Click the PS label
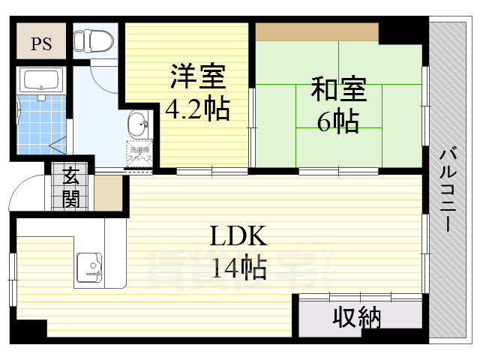[x=40, y=43]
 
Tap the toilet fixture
[x=93, y=38]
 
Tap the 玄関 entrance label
[x=72, y=187]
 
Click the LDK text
[x=238, y=238]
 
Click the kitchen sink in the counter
[x=89, y=267]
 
